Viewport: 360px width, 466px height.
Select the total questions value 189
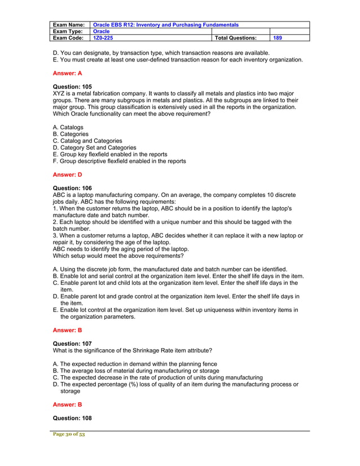pos(278,38)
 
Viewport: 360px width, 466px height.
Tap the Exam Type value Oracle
pos(102,32)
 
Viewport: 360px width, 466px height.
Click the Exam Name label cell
pos(69,25)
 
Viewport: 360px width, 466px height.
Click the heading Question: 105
pos(72,87)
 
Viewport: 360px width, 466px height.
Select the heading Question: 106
pos(72,188)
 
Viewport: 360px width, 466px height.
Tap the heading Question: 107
pos(72,342)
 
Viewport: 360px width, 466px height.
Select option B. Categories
pos(71,134)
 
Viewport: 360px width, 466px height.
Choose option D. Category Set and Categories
pos(94,148)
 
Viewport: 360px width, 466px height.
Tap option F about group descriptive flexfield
pos(119,161)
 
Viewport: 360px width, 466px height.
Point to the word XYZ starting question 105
pos(59,94)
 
